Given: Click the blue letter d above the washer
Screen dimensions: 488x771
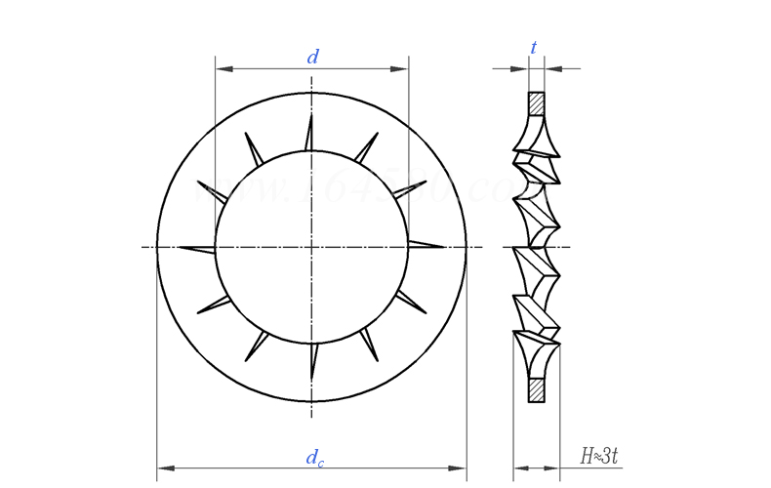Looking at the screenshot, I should [x=312, y=58].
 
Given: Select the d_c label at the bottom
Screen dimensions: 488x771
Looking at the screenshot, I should [x=313, y=457].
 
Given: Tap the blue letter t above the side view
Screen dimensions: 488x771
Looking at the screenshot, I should [x=534, y=48].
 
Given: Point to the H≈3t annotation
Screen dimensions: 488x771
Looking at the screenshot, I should [x=598, y=455].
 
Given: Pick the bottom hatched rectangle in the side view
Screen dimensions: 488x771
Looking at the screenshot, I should [x=537, y=389].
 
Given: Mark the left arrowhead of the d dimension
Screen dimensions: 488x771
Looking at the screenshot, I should [x=221, y=69].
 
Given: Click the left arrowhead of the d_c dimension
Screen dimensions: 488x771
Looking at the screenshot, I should [x=163, y=468].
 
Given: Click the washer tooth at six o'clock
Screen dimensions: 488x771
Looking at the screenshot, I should [x=311, y=360].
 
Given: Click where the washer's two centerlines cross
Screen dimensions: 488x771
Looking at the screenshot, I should [x=311, y=247].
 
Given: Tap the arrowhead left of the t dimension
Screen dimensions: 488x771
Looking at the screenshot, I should [x=522, y=68].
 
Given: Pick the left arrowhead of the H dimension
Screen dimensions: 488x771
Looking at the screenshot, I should [x=519, y=468].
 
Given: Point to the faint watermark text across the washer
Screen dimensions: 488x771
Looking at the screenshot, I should [x=351, y=188].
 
